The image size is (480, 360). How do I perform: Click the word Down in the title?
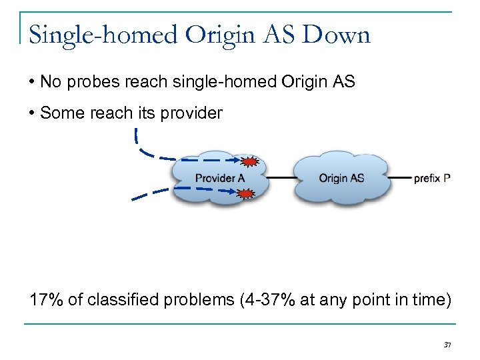coord(336,35)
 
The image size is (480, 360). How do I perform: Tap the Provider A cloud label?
coord(219,178)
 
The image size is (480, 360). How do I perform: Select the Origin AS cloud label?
coord(341,178)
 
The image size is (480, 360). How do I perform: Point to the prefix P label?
coord(432,179)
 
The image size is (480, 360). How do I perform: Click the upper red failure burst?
coord(249,162)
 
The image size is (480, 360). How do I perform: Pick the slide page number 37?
coord(447,345)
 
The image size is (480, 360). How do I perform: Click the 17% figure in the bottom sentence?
coord(46,299)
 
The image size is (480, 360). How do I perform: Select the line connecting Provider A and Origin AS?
coord(281,179)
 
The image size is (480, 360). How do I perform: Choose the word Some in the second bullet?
coord(59,113)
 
